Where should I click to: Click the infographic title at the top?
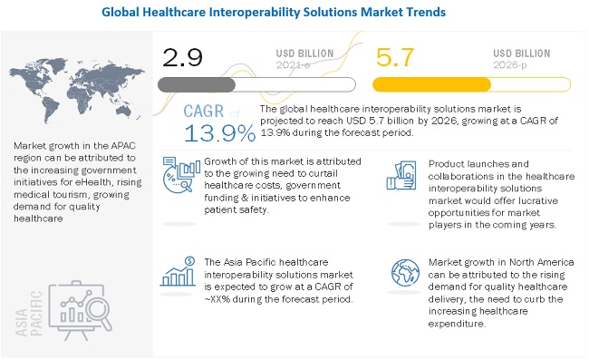point(294,13)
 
